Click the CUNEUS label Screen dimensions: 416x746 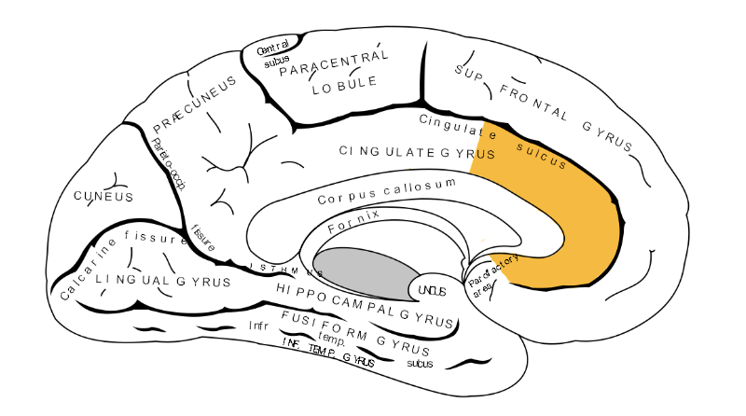point(104,197)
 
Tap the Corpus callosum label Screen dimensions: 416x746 point(387,190)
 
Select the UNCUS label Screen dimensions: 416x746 point(432,291)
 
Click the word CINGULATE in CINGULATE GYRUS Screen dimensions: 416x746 point(387,150)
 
